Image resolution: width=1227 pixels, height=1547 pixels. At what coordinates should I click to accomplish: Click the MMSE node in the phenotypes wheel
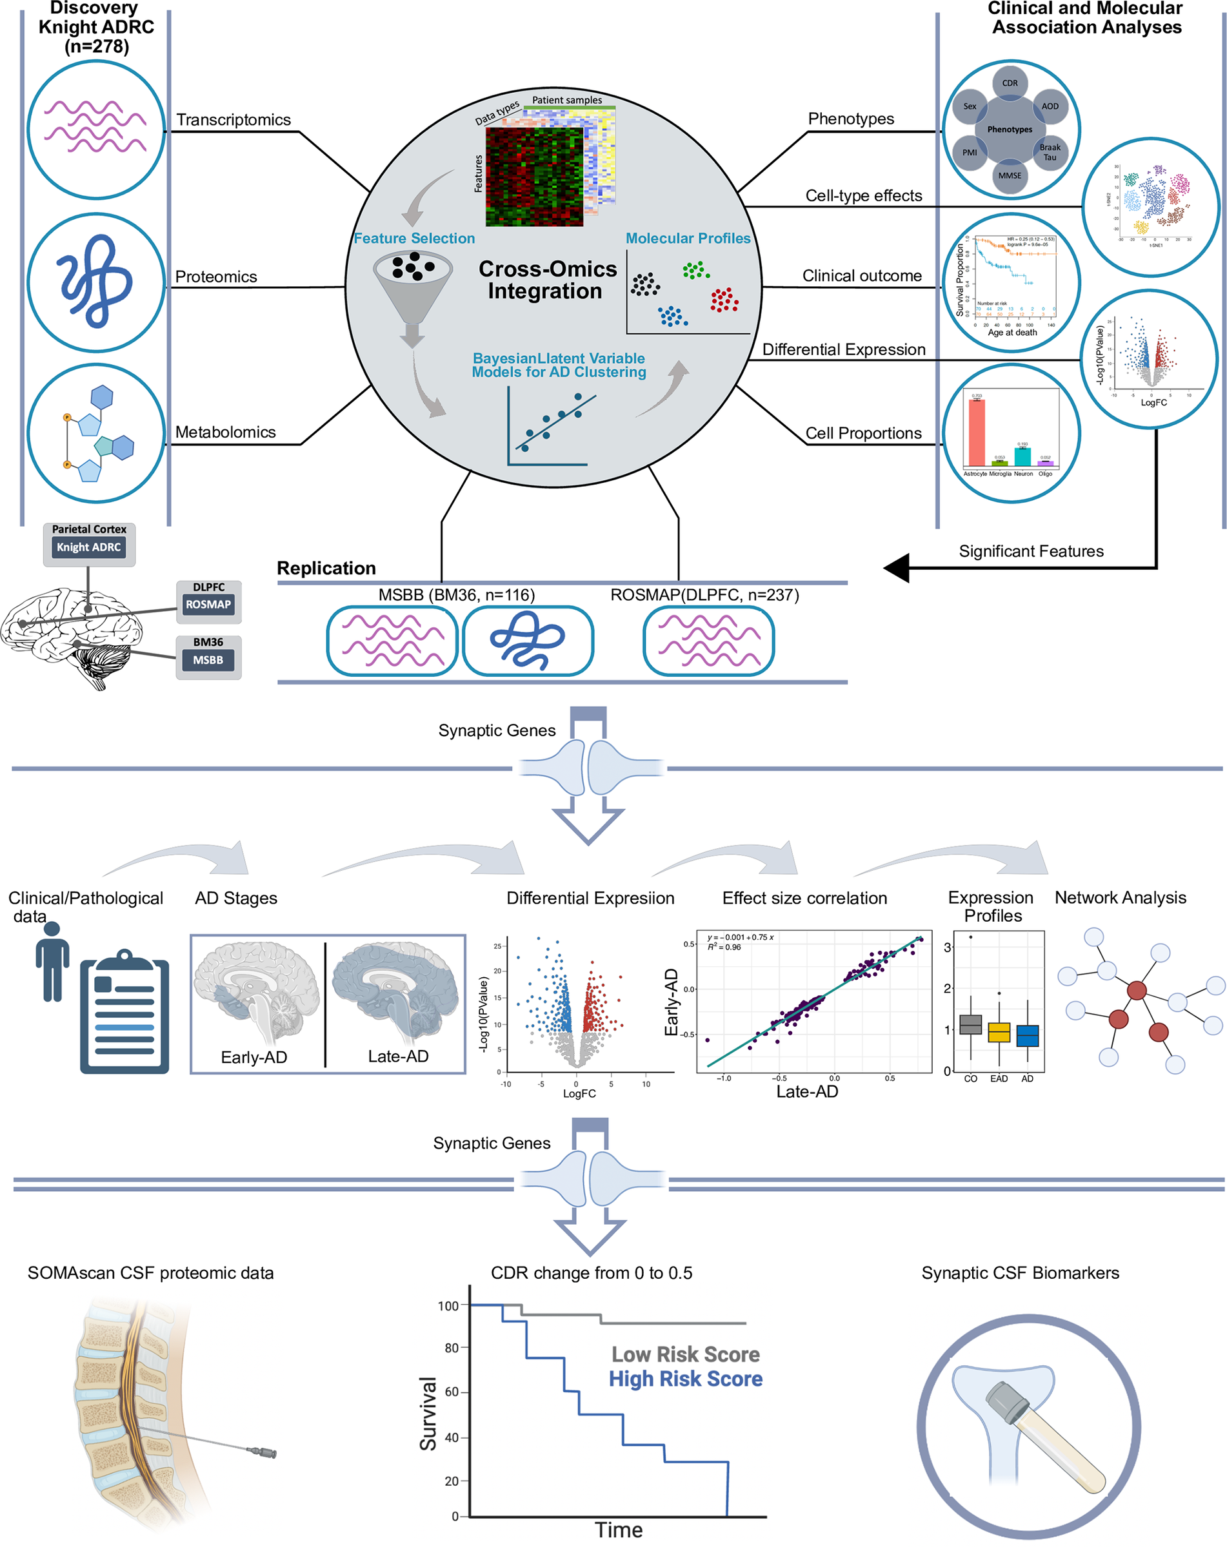coord(1010,176)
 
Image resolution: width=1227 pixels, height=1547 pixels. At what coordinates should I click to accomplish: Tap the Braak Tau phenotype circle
coord(1049,152)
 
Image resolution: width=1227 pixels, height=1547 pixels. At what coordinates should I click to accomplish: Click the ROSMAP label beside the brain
coord(208,605)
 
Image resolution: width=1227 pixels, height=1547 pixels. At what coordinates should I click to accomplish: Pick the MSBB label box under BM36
coord(208,660)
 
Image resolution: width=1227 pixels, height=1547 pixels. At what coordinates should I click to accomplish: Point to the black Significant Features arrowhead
coord(897,568)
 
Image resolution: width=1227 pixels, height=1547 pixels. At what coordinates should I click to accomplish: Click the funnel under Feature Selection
coord(413,287)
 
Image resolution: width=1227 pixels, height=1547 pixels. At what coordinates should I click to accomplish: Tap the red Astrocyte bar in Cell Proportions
coord(977,432)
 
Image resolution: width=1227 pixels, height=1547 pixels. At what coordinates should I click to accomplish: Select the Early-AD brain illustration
coord(256,990)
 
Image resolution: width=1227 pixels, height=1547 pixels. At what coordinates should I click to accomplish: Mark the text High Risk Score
coord(685,1379)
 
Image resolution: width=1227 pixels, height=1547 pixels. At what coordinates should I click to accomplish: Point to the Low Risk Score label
coord(685,1355)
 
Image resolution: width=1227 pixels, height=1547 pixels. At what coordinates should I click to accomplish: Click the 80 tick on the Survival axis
coord(452,1348)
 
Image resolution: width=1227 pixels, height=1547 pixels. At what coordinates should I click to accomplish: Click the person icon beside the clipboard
coord(52,962)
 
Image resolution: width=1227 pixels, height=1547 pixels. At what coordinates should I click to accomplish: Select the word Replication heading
coord(326,569)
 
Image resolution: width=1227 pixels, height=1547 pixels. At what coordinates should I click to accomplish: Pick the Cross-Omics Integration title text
coord(547,280)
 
